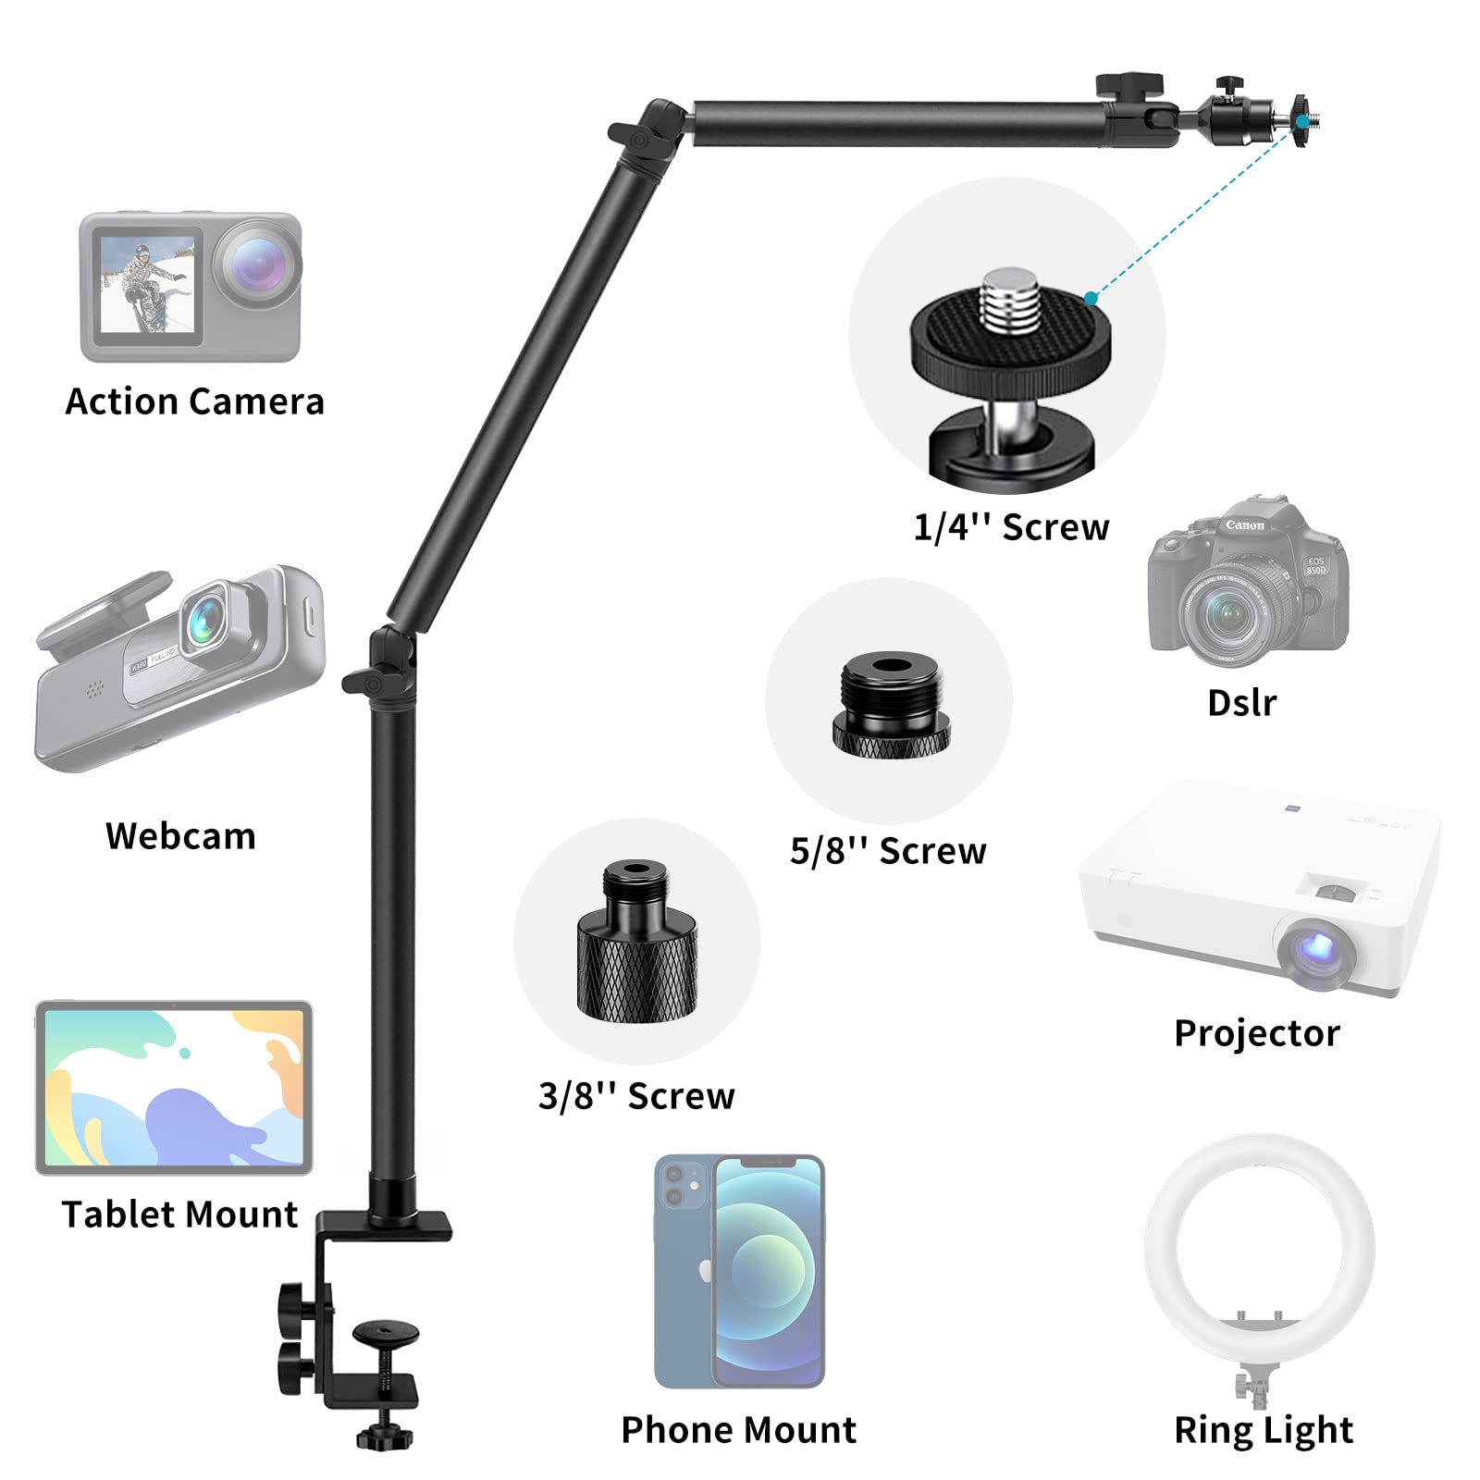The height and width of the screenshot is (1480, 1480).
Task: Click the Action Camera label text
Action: tap(194, 401)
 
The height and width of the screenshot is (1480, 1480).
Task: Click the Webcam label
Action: tap(180, 836)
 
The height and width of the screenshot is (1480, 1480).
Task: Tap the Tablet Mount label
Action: tap(179, 1215)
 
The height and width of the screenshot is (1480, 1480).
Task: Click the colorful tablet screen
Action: tap(174, 1087)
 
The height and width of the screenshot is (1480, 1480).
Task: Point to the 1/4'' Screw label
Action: tap(1011, 527)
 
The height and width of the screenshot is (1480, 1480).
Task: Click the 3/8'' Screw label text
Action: tap(636, 1096)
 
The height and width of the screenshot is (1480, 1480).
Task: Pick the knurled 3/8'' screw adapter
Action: tap(636, 943)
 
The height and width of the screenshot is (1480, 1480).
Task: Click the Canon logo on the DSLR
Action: tap(1245, 525)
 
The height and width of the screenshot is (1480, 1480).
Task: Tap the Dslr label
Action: tap(1241, 703)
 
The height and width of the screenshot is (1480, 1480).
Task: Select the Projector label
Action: tap(1256, 1033)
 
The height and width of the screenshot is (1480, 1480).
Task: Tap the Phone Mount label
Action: tap(738, 1430)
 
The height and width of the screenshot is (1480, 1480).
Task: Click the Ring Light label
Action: tap(1263, 1430)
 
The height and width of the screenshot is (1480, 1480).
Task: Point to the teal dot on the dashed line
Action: tap(1091, 298)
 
